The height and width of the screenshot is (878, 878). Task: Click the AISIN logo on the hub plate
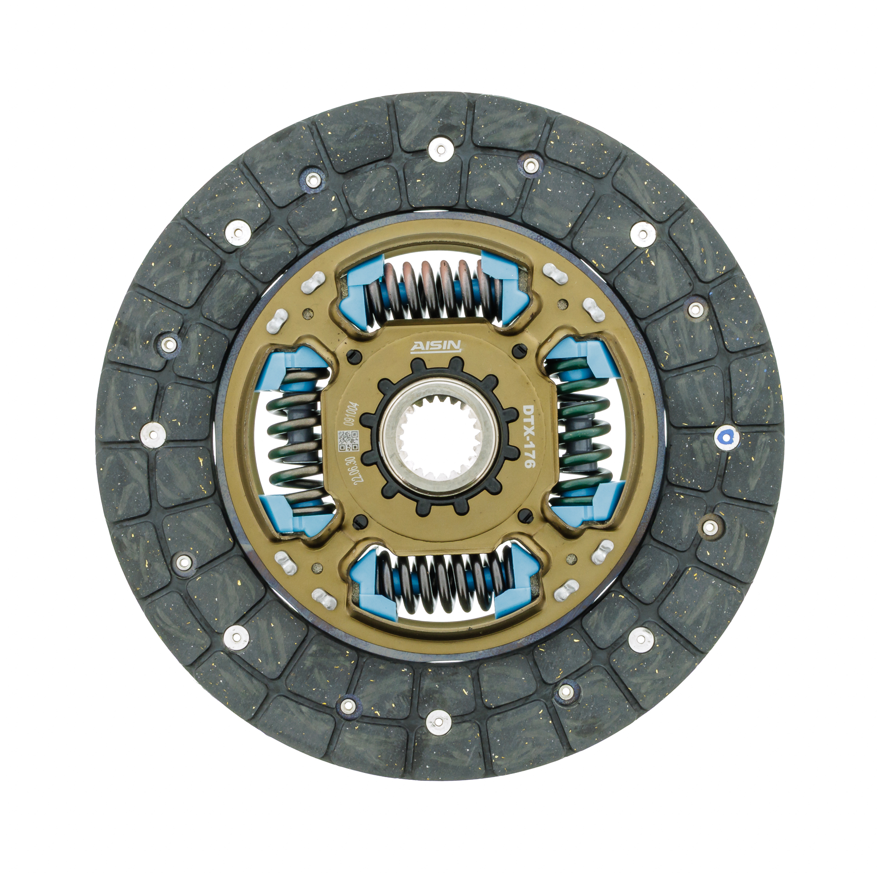pos(438,347)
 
